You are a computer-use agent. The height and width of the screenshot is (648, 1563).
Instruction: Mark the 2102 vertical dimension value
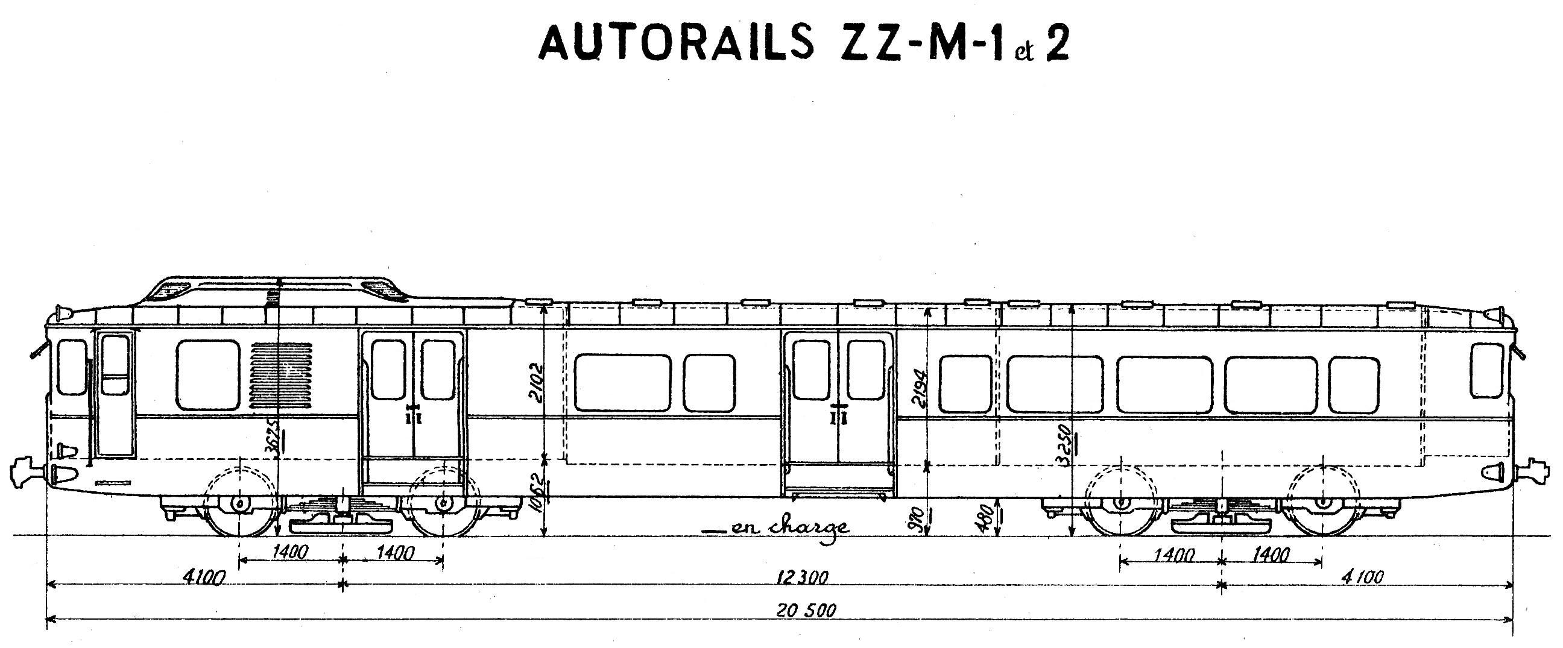(x=537, y=383)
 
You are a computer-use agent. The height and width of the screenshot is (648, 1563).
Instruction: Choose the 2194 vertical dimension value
(x=920, y=388)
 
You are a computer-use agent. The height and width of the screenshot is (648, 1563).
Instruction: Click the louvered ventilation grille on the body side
(x=282, y=374)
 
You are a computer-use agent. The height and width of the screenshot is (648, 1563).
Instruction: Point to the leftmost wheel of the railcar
(x=240, y=502)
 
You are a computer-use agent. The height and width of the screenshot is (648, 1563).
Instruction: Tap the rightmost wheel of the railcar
(x=1323, y=502)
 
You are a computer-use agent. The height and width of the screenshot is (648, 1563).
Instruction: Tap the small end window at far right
(x=1486, y=370)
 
